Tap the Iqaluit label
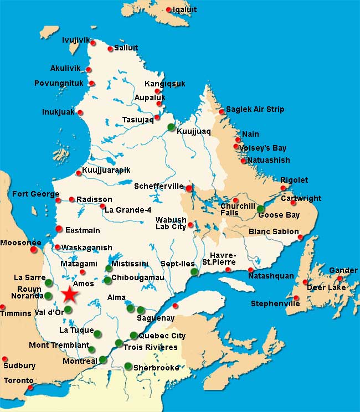pos(184,9)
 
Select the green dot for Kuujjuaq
pos(171,127)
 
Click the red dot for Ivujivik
pos(94,43)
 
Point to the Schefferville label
pos(158,187)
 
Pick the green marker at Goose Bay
pos(260,209)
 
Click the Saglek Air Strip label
pos(255,109)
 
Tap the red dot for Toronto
pos(30,387)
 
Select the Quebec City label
pos(162,336)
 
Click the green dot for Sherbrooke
pos(128,365)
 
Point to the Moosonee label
pos(21,243)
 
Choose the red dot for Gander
pos(340,279)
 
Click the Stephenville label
pos(275,303)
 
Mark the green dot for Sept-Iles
pos(194,272)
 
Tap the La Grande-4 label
pos(128,210)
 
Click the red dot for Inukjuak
pos(80,112)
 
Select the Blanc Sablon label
pos(274,231)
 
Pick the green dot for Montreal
pos(102,360)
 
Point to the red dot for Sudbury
pos(5,359)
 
